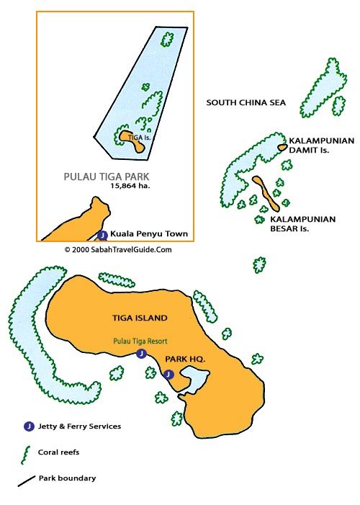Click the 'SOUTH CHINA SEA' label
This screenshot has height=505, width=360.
246,103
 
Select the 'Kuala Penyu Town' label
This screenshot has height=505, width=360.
148,234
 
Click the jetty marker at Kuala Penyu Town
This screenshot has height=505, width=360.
102,235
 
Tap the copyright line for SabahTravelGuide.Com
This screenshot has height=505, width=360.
118,249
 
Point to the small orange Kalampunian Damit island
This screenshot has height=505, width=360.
282,147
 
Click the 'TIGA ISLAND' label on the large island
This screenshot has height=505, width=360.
140,318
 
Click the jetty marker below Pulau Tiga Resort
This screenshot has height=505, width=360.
142,354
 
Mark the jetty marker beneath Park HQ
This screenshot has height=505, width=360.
168,374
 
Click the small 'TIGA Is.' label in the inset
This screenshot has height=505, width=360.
138,135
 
